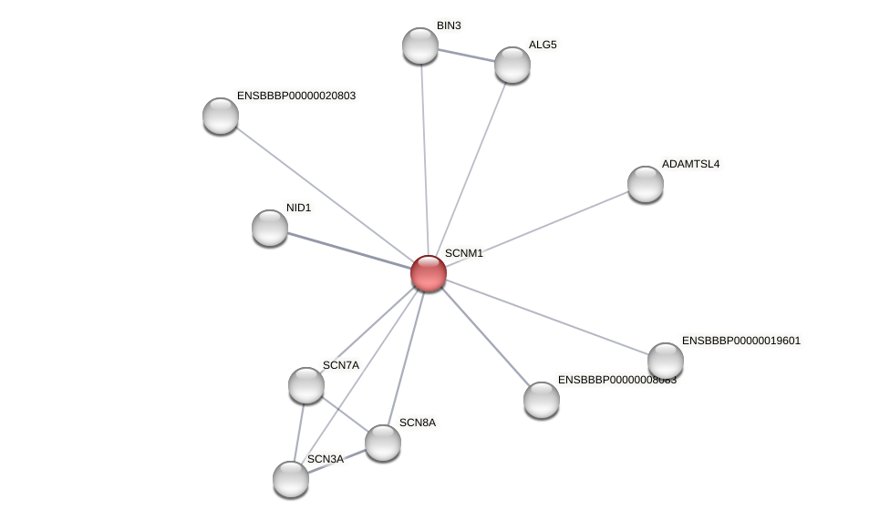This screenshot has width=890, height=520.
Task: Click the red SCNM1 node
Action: pyautogui.click(x=428, y=273)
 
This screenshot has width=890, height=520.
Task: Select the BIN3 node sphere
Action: pyautogui.click(x=420, y=46)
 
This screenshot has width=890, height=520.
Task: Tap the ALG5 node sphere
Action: pyautogui.click(x=512, y=65)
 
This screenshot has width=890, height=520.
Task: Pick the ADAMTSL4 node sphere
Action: pyautogui.click(x=646, y=184)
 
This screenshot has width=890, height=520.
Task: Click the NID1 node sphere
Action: pyautogui.click(x=270, y=228)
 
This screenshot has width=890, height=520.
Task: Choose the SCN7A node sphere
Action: pyautogui.click(x=306, y=385)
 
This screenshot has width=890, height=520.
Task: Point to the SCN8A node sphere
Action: pyautogui.click(x=383, y=443)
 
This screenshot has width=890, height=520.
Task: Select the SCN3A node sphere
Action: pyautogui.click(x=291, y=479)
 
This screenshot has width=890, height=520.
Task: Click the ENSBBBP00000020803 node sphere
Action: pyautogui.click(x=221, y=116)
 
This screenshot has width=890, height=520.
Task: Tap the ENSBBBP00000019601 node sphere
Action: pyautogui.click(x=666, y=361)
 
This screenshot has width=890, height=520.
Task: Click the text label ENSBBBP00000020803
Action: pyautogui.click(x=296, y=96)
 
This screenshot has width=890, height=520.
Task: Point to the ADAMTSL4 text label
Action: pyautogui.click(x=690, y=164)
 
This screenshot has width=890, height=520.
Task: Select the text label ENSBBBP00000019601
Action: pyautogui.click(x=741, y=341)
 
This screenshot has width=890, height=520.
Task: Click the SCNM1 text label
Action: pyautogui.click(x=463, y=253)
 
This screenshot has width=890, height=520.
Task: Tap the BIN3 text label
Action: pyautogui.click(x=449, y=25)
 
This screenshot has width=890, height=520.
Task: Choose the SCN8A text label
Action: pyautogui.click(x=418, y=423)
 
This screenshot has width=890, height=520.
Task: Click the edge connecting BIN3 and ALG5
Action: pyautogui.click(x=467, y=56)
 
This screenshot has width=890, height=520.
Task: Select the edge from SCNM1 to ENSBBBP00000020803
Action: pyautogui.click(x=324, y=194)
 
